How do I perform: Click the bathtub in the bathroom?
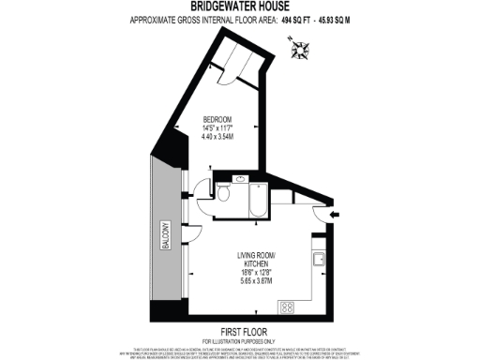pyautogui.click(x=255, y=200)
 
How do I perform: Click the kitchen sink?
pyautogui.click(x=320, y=260)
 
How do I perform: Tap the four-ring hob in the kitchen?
pyautogui.click(x=287, y=307)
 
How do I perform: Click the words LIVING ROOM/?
pyautogui.click(x=260, y=255)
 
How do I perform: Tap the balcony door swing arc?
pyautogui.click(x=194, y=233)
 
